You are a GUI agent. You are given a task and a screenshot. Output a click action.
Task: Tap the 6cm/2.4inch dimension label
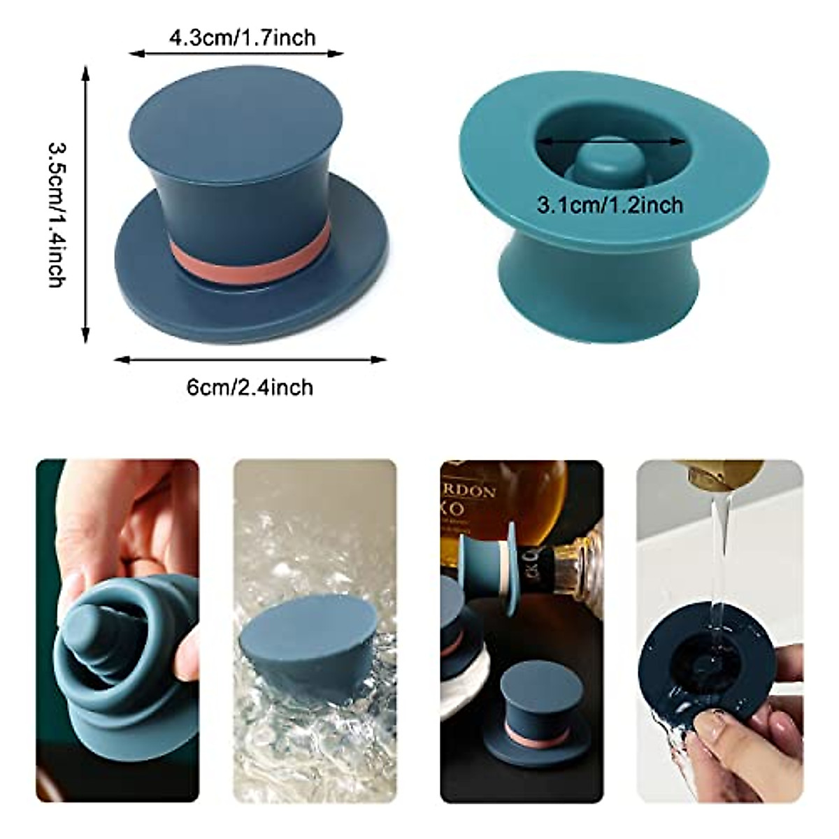[x=250, y=386]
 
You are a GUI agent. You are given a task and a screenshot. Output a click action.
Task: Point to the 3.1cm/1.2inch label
[x=610, y=205]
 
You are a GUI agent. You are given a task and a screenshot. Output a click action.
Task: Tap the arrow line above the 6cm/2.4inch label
[x=250, y=360]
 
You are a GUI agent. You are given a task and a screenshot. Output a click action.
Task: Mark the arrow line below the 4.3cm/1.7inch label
[x=236, y=53]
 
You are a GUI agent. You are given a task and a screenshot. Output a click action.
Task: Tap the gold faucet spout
[x=724, y=474]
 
